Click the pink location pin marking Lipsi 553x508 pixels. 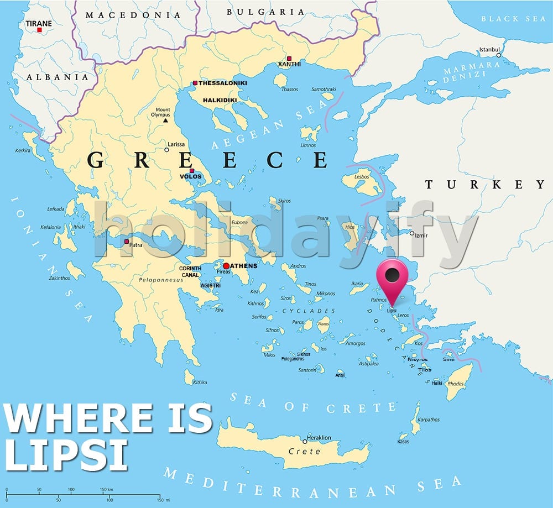point(392,276)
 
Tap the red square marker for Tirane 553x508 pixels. point(39,30)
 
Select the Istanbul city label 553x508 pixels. point(489,49)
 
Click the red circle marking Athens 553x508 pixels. point(226,266)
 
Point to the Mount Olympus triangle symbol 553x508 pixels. point(164,120)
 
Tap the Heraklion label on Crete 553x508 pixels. point(319,438)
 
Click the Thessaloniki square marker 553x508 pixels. point(195,83)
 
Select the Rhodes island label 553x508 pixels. point(455,384)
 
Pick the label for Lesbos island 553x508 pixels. point(362,177)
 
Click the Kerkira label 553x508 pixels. point(23,150)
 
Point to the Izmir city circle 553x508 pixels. point(411,233)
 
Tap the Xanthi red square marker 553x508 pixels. point(289,58)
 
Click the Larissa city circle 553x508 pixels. point(166,149)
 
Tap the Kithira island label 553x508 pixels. point(199,382)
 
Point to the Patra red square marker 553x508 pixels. point(127,242)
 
